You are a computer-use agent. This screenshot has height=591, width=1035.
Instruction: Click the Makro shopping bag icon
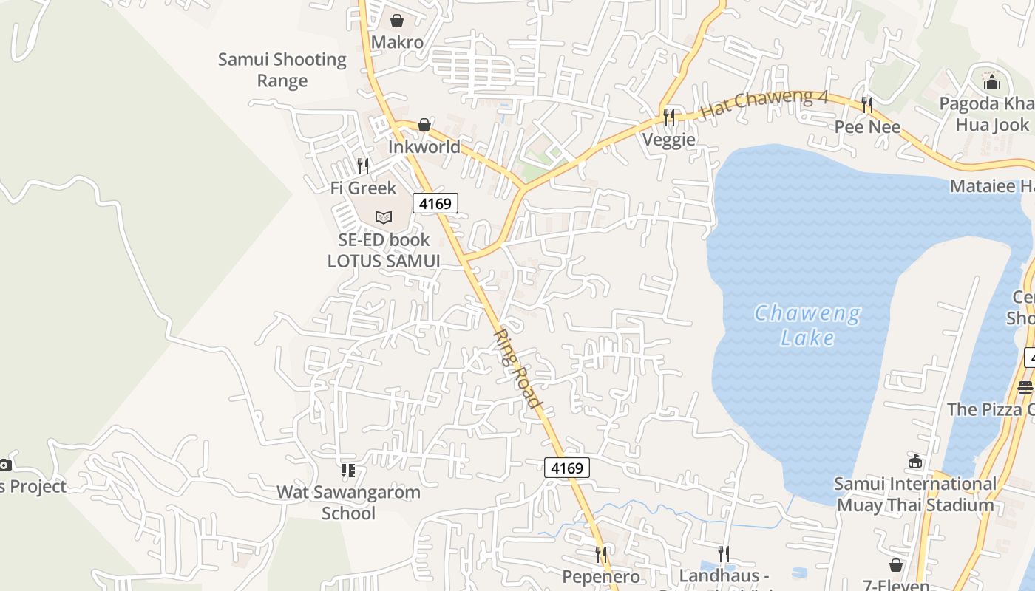[397, 21]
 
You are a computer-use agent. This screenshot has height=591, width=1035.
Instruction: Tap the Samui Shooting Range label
[282, 70]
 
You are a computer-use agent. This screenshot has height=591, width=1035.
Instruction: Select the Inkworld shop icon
[424, 125]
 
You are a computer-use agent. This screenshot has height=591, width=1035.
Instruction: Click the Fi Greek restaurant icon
[363, 165]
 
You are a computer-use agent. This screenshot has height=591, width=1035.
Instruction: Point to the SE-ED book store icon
[383, 217]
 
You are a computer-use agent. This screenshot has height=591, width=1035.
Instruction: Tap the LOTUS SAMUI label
[384, 261]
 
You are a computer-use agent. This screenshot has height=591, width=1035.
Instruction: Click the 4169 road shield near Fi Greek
[435, 202]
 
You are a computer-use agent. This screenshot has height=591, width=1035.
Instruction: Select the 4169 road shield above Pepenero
[568, 468]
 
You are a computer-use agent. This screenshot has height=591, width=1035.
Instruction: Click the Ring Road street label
[518, 367]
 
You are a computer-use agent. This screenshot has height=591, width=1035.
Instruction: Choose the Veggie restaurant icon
[669, 117]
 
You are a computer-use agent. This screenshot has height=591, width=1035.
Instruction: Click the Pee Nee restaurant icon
[867, 105]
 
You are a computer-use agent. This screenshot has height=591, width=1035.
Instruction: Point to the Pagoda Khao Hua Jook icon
[991, 81]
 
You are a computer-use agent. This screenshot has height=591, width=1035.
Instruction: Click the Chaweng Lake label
[807, 326]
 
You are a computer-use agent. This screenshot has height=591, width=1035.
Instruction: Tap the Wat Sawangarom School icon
[348, 470]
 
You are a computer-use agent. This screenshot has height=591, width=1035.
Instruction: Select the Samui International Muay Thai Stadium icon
[915, 462]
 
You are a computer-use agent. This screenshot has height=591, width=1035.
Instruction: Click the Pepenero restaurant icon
[602, 554]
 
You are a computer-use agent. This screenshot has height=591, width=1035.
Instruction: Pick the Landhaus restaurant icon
[724, 553]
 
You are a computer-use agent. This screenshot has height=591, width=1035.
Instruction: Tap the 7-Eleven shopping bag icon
[896, 565]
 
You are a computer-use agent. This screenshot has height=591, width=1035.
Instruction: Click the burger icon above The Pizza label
[1025, 386]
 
